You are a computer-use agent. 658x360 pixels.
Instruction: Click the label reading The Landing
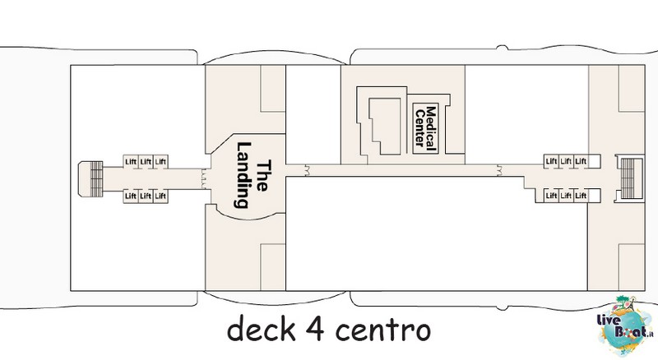coord(253,175)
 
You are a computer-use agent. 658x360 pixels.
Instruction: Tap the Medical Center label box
coord(425,128)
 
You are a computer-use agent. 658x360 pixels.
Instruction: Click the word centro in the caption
coord(383,330)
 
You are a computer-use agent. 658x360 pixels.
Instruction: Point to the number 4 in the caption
coord(315,329)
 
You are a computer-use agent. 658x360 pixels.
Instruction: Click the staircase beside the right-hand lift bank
coord(628,178)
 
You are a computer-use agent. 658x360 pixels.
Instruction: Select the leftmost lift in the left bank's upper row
coord(131,162)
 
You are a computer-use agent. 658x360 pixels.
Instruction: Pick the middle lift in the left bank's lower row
coord(146,196)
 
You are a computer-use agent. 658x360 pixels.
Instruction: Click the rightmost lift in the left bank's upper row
coord(160,162)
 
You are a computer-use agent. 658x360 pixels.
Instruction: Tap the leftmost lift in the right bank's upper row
coord(551,161)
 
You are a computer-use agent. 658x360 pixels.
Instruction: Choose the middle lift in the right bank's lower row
coord(566,196)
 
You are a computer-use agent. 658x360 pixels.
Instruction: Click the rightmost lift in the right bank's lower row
coord(581,196)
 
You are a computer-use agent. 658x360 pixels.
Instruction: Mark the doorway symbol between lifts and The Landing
coord(204,178)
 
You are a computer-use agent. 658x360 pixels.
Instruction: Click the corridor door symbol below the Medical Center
coord(308,170)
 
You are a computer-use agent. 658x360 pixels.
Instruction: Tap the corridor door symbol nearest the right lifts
coord(499,170)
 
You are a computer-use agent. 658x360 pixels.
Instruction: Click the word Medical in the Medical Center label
coord(431,128)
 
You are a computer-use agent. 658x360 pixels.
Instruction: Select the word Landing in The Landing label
coord(243,175)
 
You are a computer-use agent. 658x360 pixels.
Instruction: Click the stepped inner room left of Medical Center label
coord(385,126)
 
